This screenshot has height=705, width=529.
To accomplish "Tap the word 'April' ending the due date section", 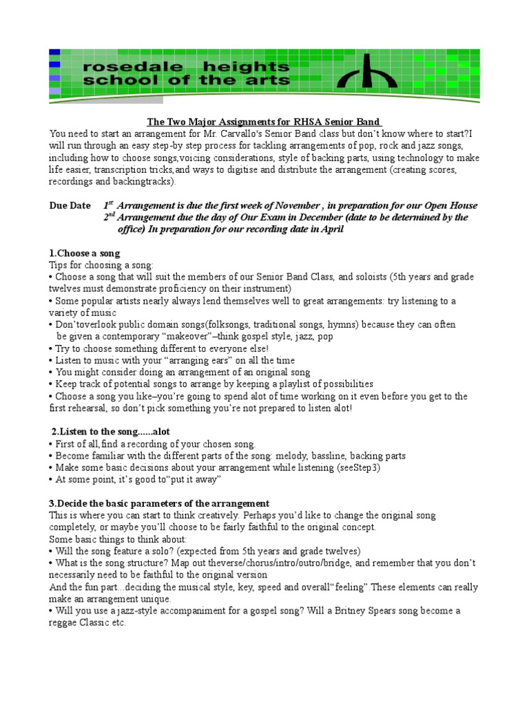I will [331, 229].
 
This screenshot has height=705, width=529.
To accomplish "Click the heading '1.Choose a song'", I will [85, 253].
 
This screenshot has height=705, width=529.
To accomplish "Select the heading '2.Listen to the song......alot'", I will [111, 432].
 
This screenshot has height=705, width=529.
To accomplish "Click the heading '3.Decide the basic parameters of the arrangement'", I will [159, 503].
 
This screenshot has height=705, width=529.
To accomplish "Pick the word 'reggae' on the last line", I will [64, 622].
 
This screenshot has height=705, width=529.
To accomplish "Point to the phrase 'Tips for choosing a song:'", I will [103, 265].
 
